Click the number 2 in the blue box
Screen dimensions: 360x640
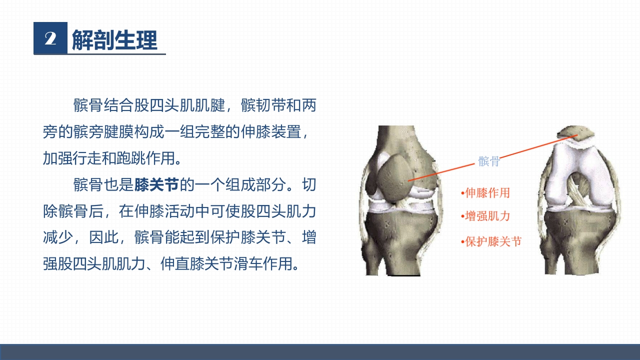50,38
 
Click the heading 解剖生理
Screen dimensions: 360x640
114,39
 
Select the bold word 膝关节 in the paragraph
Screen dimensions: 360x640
156,185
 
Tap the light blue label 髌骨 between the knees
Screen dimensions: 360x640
488,161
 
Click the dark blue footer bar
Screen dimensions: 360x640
320,351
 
